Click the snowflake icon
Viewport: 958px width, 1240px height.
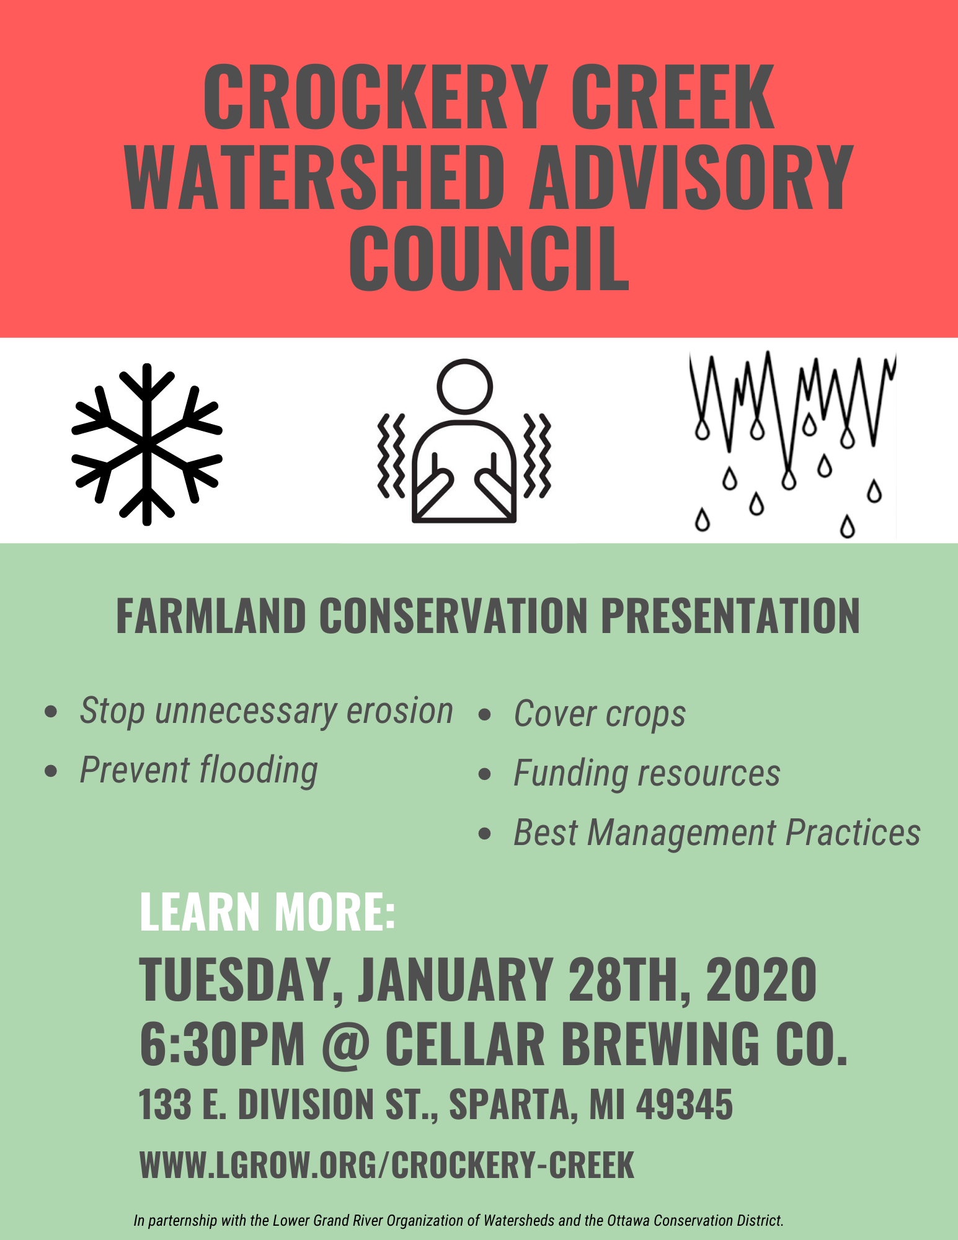pyautogui.click(x=147, y=444)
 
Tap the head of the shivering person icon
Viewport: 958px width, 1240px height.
pyautogui.click(x=464, y=386)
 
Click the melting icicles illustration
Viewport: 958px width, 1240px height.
pyautogui.click(x=792, y=443)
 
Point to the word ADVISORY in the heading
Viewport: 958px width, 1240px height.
pyautogui.click(x=691, y=178)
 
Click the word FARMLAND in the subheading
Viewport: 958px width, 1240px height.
pyautogui.click(x=211, y=616)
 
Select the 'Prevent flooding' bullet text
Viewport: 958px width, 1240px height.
pyautogui.click(x=199, y=770)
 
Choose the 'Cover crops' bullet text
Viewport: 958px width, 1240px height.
pyautogui.click(x=600, y=714)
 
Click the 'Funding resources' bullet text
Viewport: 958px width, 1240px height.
pyautogui.click(x=647, y=773)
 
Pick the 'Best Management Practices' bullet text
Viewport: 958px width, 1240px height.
pyautogui.click(x=717, y=832)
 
